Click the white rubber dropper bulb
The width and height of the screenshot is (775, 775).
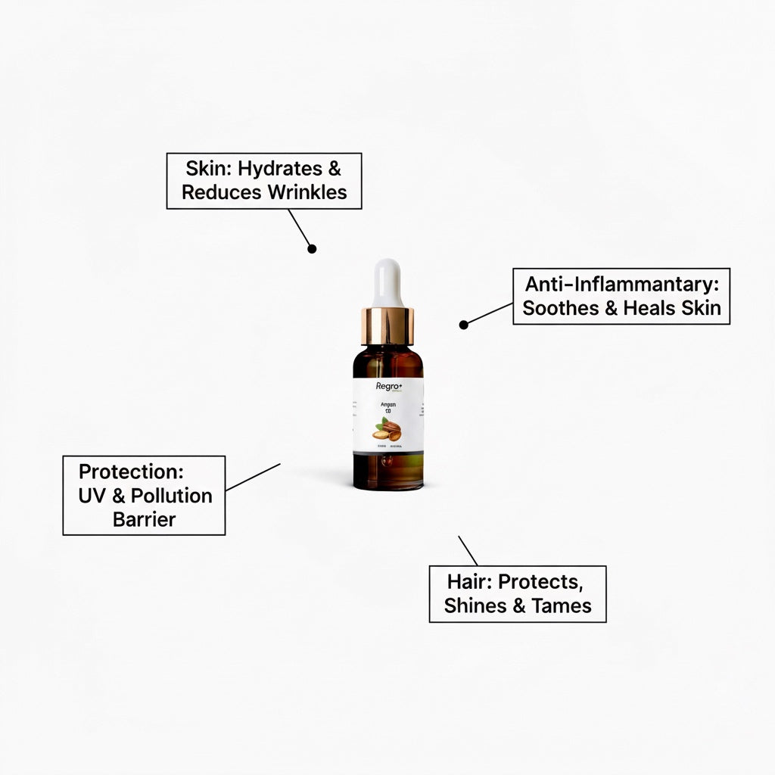[387, 282]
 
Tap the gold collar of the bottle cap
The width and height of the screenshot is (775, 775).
[387, 324]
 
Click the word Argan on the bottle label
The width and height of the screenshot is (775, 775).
[387, 406]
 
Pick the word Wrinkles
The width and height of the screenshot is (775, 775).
[307, 192]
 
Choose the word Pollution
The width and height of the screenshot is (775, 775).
[172, 496]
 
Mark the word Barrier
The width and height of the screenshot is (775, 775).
[144, 519]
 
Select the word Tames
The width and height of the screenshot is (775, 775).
[562, 606]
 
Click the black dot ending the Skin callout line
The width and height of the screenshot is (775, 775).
[312, 248]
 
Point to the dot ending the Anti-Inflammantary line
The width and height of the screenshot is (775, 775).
[464, 325]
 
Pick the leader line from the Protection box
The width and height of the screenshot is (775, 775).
[253, 477]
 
